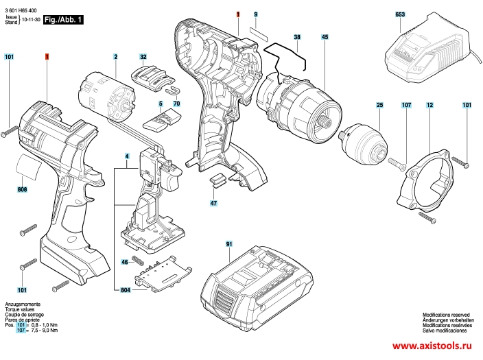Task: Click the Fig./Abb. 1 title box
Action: [x=63, y=20]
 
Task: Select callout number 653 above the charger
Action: [x=400, y=14]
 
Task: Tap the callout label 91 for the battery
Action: [x=229, y=244]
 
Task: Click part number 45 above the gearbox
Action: [x=325, y=37]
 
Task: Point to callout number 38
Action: [x=297, y=37]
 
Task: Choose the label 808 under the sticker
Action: [x=22, y=189]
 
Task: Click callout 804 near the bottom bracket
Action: [x=126, y=290]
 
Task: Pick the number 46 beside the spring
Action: [x=124, y=262]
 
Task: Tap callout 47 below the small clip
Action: [x=213, y=203]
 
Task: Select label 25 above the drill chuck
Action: [x=380, y=105]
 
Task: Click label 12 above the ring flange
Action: [x=429, y=105]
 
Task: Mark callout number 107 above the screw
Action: [x=406, y=105]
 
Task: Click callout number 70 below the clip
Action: [x=176, y=104]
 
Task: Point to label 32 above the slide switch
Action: [x=143, y=57]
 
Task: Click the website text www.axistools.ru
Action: [x=432, y=346]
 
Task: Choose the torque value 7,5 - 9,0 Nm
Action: [x=45, y=331]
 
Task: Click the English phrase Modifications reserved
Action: [x=446, y=315]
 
